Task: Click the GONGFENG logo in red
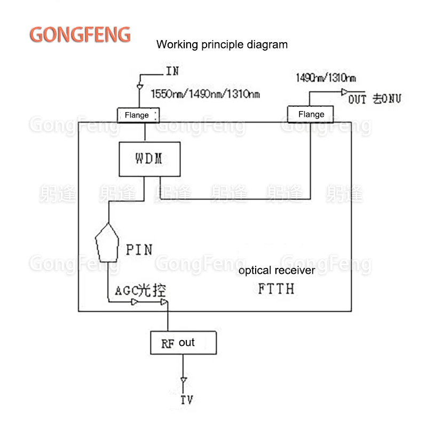pos(80,34)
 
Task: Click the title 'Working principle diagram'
pos(222,44)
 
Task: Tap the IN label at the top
pos(172,71)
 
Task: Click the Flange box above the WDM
pos(137,115)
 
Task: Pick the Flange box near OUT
pos(311,114)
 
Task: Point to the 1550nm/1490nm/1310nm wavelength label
pos(205,95)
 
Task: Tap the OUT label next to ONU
pos(358,99)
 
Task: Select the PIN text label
pos(139,249)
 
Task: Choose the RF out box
pos(184,343)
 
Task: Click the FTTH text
pos(276,289)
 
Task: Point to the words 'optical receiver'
pos(276,271)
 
